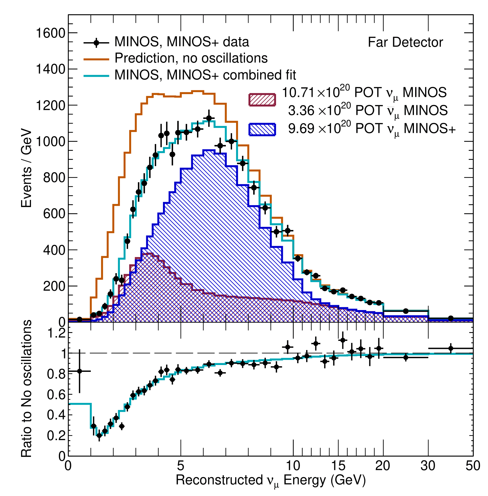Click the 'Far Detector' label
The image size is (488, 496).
pyautogui.click(x=405, y=43)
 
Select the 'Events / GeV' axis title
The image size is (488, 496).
pyautogui.click(x=27, y=168)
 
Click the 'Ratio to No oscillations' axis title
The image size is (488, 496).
pyautogui.click(x=27, y=389)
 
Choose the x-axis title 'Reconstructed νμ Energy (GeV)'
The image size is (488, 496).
pyautogui.click(x=270, y=480)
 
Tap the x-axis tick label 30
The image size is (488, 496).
pyautogui.click(x=428, y=466)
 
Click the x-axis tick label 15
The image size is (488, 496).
pyautogui.click(x=338, y=466)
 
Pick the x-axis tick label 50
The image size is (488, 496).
pyautogui.click(x=473, y=466)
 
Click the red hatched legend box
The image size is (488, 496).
pyautogui.click(x=262, y=100)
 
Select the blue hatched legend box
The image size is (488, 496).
pyautogui.click(x=262, y=129)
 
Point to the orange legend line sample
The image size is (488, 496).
pyautogui.click(x=96, y=59)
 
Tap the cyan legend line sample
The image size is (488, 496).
pyautogui.click(x=96, y=75)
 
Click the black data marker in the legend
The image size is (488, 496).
pyautogui.click(x=96, y=42)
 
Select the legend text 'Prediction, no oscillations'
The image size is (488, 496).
pyautogui.click(x=191, y=58)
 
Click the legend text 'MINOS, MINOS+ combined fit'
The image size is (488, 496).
pyautogui.click(x=205, y=75)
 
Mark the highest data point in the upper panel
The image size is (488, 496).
pyautogui.click(x=209, y=118)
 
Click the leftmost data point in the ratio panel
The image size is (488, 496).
pyautogui.click(x=79, y=371)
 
